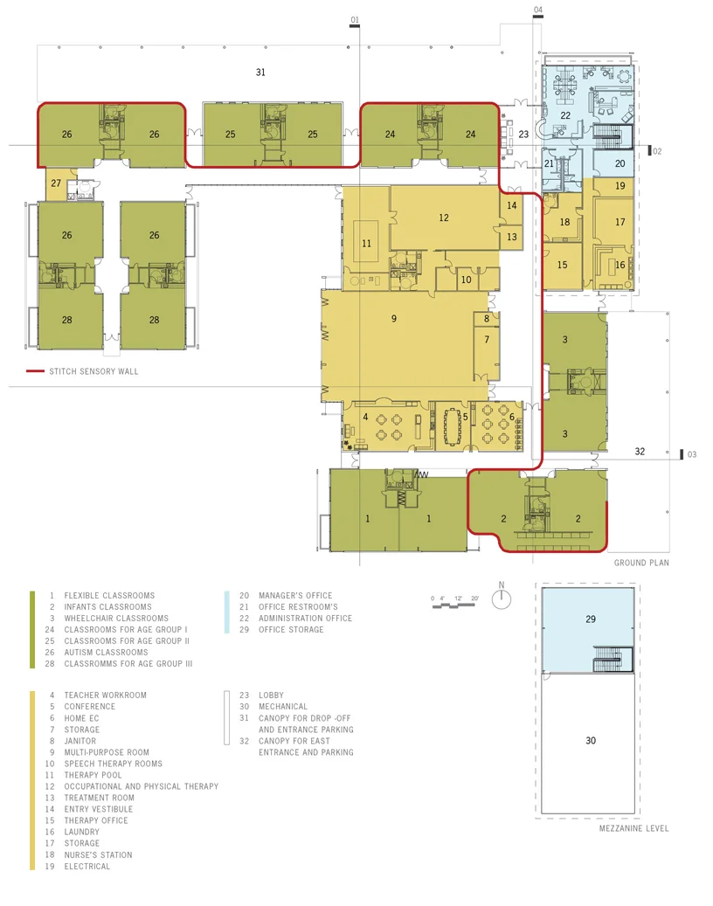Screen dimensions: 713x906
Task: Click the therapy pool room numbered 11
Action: (x=366, y=243)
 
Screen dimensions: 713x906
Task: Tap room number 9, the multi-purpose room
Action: (x=394, y=318)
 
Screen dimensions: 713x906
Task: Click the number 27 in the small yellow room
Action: (x=56, y=183)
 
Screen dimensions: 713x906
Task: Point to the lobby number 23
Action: (x=523, y=134)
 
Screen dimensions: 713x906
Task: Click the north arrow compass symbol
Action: (x=502, y=597)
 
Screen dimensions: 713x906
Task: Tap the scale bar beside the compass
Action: (x=455, y=602)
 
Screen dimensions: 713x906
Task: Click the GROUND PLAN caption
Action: (x=641, y=563)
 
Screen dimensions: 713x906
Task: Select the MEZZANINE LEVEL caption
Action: (x=633, y=828)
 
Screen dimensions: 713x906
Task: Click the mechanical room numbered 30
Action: (x=591, y=740)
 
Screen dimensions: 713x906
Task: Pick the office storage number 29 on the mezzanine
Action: (x=591, y=619)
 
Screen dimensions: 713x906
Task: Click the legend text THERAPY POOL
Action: (x=93, y=775)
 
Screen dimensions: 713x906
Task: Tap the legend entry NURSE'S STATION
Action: (x=98, y=854)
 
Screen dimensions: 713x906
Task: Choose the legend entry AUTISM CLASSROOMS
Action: (x=107, y=653)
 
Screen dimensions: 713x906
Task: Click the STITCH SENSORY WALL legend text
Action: (x=93, y=371)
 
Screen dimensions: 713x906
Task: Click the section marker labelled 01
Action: (x=355, y=20)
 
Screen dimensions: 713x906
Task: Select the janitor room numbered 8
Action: (x=487, y=318)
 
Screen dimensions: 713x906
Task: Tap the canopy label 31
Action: (x=260, y=73)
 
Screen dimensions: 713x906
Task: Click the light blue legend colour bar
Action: (x=226, y=612)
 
